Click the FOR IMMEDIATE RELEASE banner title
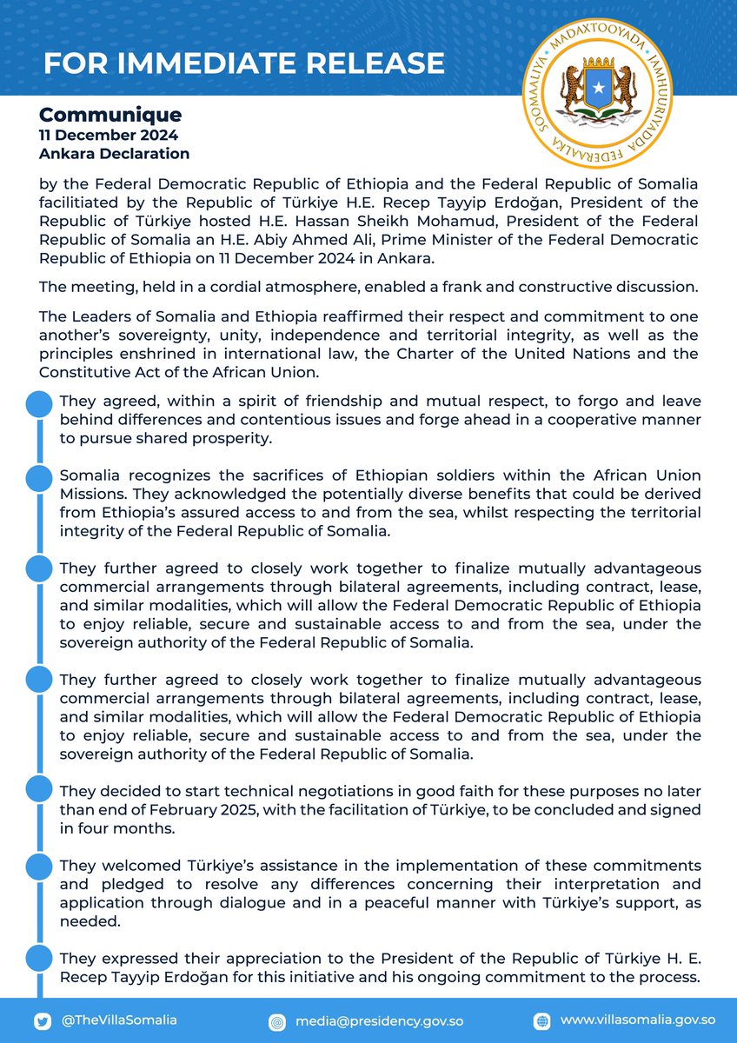pos(243,63)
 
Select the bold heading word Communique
pos(110,115)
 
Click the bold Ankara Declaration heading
pos(114,154)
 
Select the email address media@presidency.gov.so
pos(368,1021)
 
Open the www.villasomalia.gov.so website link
pos(638,1020)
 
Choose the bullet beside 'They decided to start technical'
pos(37,789)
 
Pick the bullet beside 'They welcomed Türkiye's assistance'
pos(37,864)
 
